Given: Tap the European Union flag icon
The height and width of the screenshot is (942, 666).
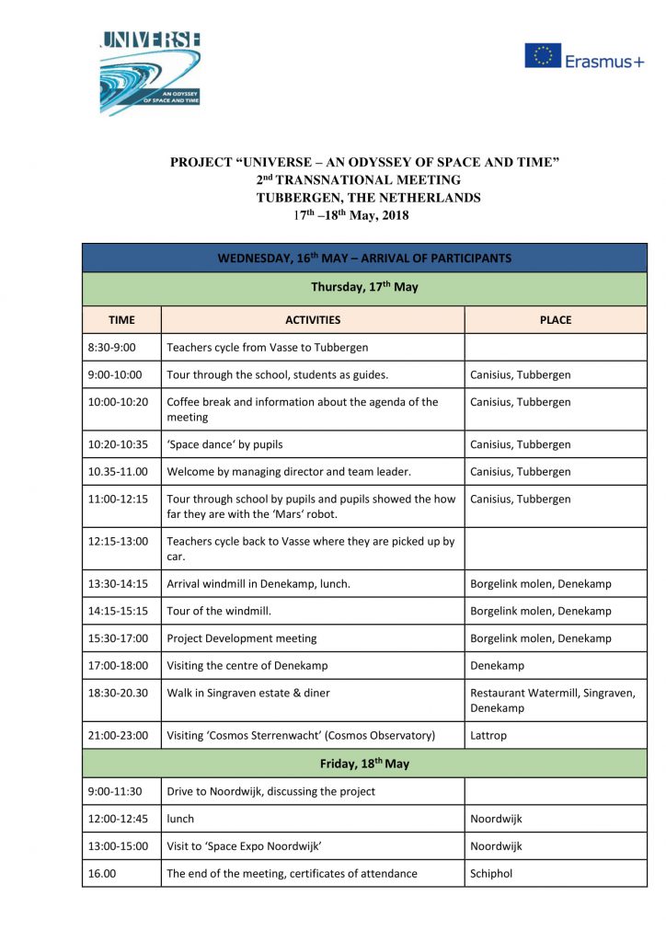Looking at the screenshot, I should pos(543,56).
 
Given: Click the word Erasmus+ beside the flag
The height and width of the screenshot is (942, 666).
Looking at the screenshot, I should pos(604,61).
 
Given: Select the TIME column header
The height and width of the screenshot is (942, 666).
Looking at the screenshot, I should pos(121,320).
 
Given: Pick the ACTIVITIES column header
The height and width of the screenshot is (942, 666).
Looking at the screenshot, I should pos(313,320).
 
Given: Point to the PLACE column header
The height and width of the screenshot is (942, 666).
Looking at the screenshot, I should pos(556,320).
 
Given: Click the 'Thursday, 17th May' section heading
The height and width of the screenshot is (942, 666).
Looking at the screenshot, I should pos(364,287).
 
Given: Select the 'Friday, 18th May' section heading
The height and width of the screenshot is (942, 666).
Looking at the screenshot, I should pos(364,764).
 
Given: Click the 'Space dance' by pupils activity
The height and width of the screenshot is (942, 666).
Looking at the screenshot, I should pos(224,444).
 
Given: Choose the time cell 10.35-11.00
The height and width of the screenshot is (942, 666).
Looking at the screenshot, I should pos(119,472).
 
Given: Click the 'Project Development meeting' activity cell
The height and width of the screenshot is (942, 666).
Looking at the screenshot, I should pos(241,638).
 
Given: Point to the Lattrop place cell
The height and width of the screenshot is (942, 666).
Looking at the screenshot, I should pos(488,736).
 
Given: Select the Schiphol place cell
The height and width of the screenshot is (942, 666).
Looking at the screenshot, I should pos(492,873).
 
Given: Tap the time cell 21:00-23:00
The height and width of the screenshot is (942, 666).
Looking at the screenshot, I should pos(119,736).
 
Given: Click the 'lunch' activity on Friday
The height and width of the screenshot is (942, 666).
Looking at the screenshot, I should pos(180,819).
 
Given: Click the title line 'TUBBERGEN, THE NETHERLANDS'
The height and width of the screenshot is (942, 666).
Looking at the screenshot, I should pos(368,198).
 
